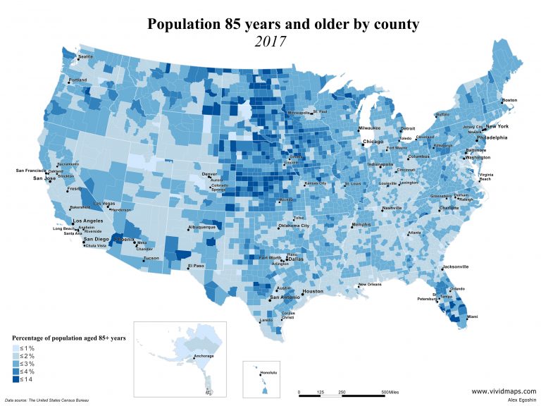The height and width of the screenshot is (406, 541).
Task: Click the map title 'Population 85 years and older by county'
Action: [x=282, y=24]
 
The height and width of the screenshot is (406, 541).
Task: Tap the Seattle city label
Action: [x=85, y=56]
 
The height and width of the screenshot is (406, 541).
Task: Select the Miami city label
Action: [x=472, y=317]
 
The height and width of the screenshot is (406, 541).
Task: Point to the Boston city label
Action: [x=509, y=100]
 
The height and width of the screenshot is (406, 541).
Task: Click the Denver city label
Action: [x=210, y=173]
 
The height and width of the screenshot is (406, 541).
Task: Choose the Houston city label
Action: [x=313, y=291]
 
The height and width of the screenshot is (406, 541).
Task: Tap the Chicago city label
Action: [x=373, y=142]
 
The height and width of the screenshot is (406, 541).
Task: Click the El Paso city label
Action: [x=195, y=266]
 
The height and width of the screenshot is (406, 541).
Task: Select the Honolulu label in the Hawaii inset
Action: [x=270, y=372]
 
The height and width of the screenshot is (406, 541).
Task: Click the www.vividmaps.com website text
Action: [x=503, y=390]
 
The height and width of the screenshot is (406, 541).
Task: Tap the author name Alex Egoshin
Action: [x=521, y=400]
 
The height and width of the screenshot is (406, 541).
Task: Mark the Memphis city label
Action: [x=361, y=224]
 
